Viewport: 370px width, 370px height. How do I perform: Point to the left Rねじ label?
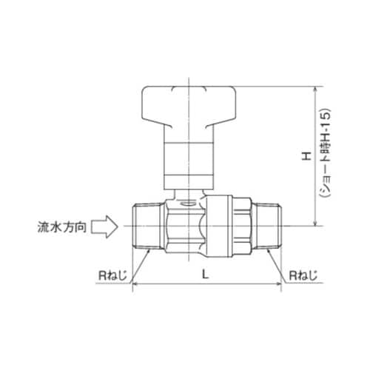(113, 277)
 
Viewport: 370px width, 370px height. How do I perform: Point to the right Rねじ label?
(304, 277)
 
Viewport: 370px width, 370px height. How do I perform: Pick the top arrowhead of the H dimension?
(317, 90)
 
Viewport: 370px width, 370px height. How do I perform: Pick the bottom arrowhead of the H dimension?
(317, 221)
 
